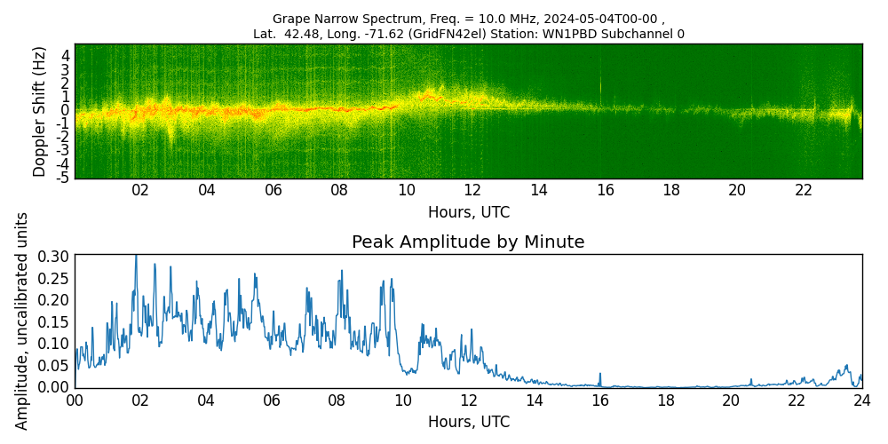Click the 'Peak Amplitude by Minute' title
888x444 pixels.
coord(468,242)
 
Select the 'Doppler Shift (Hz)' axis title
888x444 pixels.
coord(40,112)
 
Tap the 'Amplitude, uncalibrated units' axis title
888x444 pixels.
coord(22,321)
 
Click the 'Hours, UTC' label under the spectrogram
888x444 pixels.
coord(468,213)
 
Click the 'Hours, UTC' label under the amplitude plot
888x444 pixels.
coord(468,422)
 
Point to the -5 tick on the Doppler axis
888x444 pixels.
coord(64,178)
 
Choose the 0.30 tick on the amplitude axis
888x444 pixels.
coord(52,256)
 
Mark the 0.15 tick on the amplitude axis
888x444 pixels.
coord(52,321)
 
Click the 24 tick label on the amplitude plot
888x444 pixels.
coord(862,400)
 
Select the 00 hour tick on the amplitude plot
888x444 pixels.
coord(75,400)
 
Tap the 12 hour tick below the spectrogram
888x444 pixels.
coord(472,190)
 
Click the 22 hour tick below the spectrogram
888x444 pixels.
coord(804,190)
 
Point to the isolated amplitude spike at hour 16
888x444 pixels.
coord(600,374)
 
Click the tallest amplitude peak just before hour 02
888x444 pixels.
coord(136,258)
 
